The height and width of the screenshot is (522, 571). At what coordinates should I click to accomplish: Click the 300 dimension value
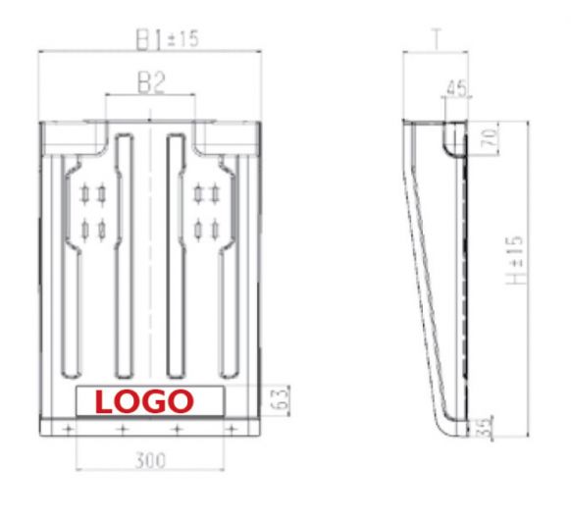pos(150,459)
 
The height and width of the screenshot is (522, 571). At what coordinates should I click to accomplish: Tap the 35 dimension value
pos(485,427)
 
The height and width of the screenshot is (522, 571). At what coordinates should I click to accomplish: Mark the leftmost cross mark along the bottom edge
pos(67,431)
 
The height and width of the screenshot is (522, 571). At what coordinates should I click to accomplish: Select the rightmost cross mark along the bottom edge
pos(232,431)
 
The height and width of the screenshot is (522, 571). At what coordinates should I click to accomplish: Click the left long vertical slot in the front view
pos(123,255)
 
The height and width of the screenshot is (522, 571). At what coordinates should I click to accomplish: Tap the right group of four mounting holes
pos(205,211)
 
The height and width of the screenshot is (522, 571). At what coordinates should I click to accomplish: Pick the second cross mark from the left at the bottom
pos(122,431)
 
